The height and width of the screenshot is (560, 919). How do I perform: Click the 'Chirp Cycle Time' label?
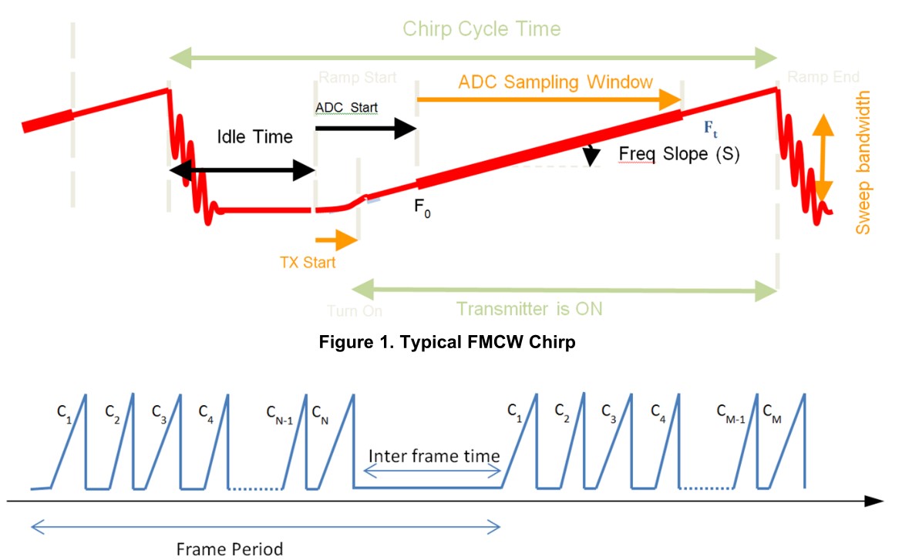point(482,29)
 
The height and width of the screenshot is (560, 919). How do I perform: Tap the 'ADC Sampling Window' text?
point(555,82)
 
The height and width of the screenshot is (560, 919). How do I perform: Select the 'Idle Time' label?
point(254,137)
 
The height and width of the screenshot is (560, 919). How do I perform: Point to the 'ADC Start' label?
point(346,107)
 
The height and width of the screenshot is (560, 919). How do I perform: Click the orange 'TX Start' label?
point(308,263)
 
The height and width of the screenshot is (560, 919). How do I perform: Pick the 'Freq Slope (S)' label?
point(678,154)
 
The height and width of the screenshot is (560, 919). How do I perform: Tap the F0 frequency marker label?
point(422,209)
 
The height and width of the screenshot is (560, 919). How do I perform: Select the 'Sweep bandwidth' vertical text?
point(863,163)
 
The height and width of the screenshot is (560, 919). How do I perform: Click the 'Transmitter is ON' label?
point(529,309)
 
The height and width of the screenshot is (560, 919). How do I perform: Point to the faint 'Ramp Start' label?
point(357,78)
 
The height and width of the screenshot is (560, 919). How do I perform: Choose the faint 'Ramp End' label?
point(823,77)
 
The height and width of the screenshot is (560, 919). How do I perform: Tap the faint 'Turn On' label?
point(355,311)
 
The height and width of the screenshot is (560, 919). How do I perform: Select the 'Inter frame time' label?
point(433,455)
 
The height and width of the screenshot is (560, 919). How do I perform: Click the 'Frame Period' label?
point(229,549)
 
